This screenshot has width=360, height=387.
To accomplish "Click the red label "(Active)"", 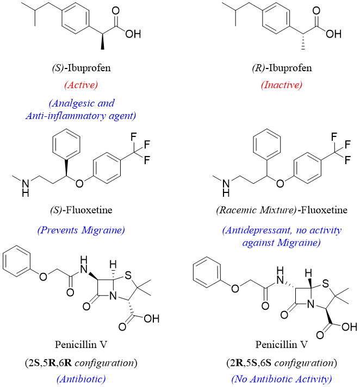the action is [80, 85].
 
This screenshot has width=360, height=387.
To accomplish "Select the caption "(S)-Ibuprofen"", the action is [80, 69].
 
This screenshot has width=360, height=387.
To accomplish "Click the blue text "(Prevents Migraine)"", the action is [80, 230].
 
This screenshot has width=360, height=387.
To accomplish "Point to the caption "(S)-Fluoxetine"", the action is [80, 213].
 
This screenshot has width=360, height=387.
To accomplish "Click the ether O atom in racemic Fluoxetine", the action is [280, 182].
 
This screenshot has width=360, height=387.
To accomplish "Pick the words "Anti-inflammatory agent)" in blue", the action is [80, 115].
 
